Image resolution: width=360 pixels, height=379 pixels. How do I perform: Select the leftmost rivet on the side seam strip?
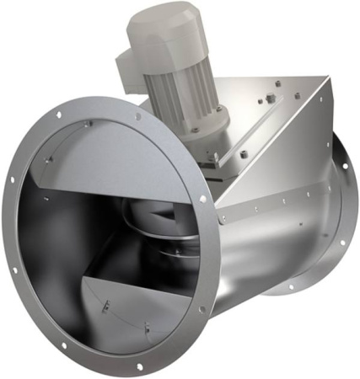(x=223, y=219)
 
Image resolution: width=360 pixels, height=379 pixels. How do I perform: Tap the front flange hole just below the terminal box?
(x=138, y=116)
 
